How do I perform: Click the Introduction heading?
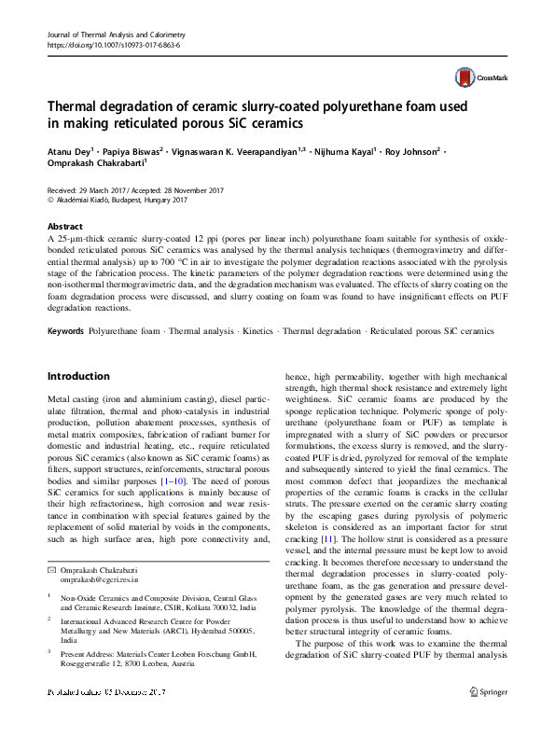point(91,376)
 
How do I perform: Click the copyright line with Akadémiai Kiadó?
point(118,200)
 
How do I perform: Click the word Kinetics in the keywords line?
point(260,331)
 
